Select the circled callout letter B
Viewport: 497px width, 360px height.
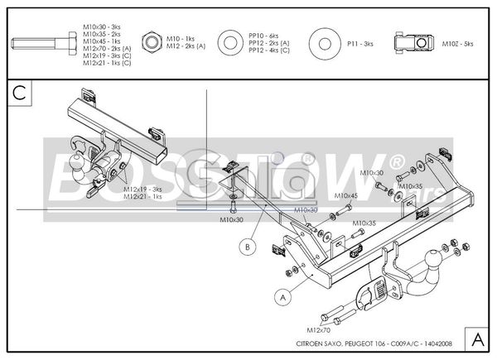(x=246, y=244)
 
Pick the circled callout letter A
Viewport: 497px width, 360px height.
(x=282, y=294)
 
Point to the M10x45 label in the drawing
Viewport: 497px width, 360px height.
(x=345, y=196)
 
